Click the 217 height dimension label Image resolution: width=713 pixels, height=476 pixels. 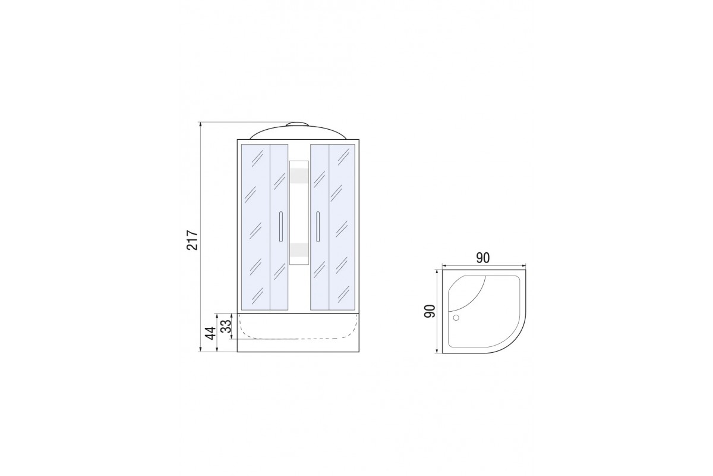pyautogui.click(x=193, y=240)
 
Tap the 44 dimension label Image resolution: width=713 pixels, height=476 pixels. pyautogui.click(x=210, y=333)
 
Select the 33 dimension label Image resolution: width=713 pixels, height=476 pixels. pyautogui.click(x=226, y=326)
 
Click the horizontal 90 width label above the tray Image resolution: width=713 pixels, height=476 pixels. pyautogui.click(x=483, y=258)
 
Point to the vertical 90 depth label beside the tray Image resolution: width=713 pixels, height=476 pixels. pyautogui.click(x=430, y=311)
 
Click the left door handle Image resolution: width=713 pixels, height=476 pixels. pyautogui.click(x=280, y=227)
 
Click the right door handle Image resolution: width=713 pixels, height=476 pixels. pyautogui.click(x=318, y=227)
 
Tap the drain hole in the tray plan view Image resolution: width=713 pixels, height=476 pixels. pyautogui.click(x=456, y=318)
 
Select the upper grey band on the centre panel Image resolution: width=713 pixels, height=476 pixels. pyautogui.click(x=299, y=176)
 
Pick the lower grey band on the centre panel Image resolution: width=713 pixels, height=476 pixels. pyautogui.click(x=299, y=250)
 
